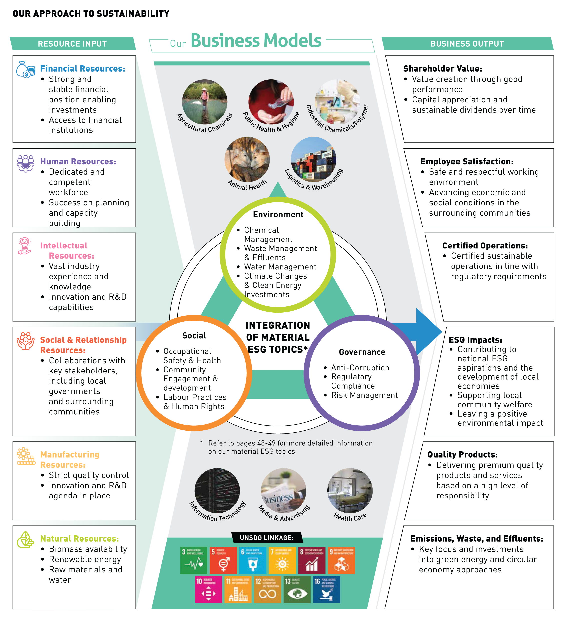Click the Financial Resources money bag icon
coord(25,70)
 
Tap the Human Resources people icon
coord(25,163)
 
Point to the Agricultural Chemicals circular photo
coord(205,102)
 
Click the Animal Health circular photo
coord(247,159)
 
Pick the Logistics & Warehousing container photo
coord(313,159)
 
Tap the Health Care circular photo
coord(350,491)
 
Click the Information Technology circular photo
coord(217,491)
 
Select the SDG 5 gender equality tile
coord(223,560)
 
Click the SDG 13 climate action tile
coord(297,589)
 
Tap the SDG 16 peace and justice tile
coord(326,589)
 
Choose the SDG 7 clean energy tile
coord(282,560)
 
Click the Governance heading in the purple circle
coord(362,352)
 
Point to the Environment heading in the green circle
coord(278,214)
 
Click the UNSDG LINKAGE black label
coord(267,538)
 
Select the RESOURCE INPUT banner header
coord(73,44)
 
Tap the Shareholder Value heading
coord(443,69)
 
